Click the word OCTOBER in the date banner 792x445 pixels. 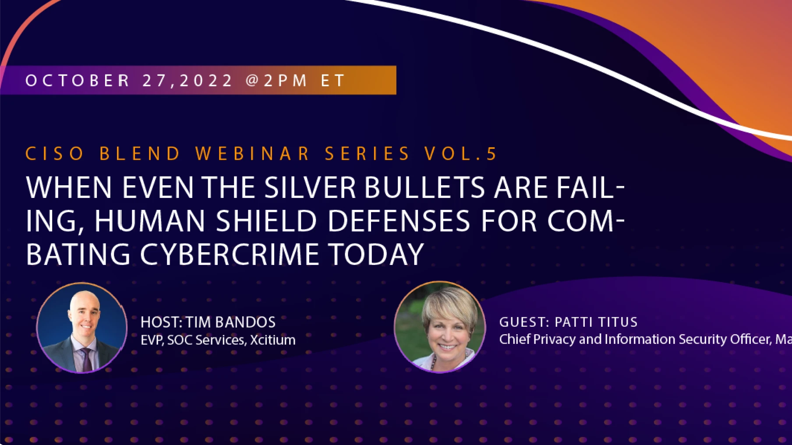(78, 81)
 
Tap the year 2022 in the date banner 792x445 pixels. (206, 81)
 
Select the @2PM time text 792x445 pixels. (276, 81)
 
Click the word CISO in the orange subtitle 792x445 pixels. (55, 154)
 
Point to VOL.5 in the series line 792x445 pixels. (461, 154)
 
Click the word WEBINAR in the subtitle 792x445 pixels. (253, 154)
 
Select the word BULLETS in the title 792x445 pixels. (424, 188)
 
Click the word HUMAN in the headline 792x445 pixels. (150, 221)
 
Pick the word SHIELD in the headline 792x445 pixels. (266, 221)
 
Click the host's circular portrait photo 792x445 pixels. (82, 328)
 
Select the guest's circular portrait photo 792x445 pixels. (440, 327)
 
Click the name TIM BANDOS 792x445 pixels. (230, 322)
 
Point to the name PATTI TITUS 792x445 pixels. (596, 322)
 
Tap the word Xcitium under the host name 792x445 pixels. (272, 340)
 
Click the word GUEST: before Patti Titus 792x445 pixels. (524, 322)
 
